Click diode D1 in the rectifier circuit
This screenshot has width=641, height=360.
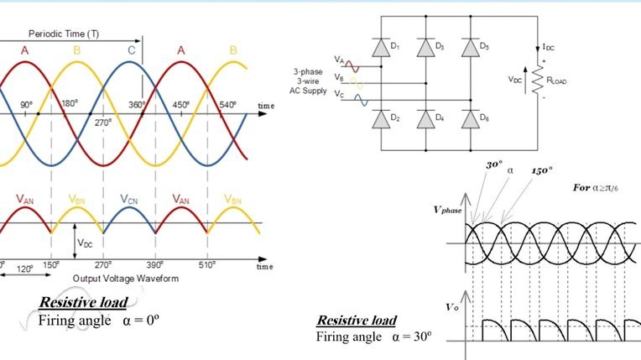coord(381,48)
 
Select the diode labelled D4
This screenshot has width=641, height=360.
coord(425,119)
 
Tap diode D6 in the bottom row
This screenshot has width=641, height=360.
coord(471,119)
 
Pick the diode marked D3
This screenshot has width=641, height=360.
coord(425,48)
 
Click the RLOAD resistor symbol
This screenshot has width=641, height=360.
coord(537,80)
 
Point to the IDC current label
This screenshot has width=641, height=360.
coord(548,47)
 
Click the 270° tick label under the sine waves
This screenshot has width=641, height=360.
coord(103,123)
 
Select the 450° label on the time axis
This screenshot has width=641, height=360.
coord(180,105)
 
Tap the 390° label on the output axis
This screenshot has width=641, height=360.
coord(155,265)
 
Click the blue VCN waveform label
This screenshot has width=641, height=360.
coord(128,200)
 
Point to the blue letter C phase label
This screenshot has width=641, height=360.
coord(131,50)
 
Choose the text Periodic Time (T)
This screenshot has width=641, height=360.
coord(64,34)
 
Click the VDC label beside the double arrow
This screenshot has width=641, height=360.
coord(85,243)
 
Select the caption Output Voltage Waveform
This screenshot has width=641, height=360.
coord(126,279)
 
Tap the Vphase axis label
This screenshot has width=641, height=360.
coord(448,211)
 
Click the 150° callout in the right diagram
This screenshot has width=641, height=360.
coord(542,170)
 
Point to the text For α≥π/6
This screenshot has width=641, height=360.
coord(596,188)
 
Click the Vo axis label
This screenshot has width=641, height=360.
coord(452,307)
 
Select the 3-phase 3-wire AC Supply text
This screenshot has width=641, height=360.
coord(308,81)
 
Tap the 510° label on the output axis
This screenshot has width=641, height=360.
coord(207,265)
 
